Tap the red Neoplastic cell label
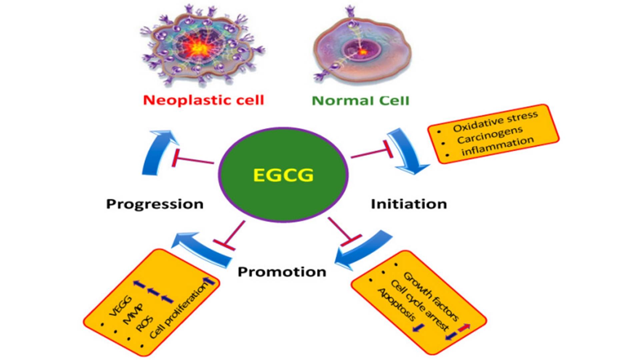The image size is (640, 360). pos(203,100)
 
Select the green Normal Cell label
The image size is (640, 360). pos(360,100)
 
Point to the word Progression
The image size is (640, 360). pos(155,204)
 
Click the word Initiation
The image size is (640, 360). pos(409,204)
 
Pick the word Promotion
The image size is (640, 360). pos(282,272)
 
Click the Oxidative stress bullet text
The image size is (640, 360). pos(495,121)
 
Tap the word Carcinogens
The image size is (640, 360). pos(490,135)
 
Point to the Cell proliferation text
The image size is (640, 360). pos(178,312)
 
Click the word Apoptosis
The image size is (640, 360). pos(397,305)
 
